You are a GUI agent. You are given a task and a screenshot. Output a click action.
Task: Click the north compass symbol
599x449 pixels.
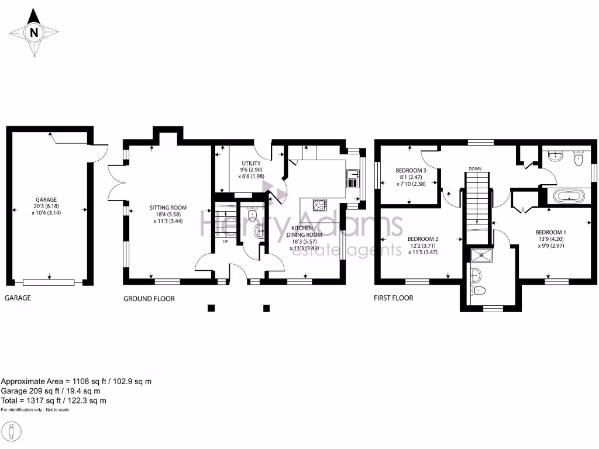[x=35, y=33]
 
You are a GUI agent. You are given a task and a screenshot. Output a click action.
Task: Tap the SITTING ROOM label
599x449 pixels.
[x=167, y=214]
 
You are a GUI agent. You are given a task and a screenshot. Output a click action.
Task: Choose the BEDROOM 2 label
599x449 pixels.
[x=423, y=246]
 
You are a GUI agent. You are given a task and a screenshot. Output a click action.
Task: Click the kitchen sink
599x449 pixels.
[x=353, y=177]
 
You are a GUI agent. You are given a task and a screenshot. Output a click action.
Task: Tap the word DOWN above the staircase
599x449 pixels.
[x=474, y=169]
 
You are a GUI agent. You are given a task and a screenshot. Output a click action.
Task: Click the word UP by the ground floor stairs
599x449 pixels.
[x=224, y=241]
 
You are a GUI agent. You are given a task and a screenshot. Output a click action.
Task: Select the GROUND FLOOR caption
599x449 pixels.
[x=149, y=299]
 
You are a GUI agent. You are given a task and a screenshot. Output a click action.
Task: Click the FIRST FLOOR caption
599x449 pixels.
[x=393, y=298]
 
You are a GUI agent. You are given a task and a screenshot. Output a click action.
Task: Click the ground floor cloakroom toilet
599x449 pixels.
[x=253, y=215]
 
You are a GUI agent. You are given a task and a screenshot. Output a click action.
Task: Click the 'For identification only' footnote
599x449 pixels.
[x=35, y=410]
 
